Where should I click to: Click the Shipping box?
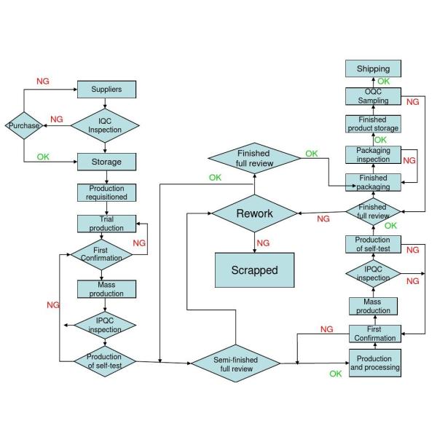(373, 69)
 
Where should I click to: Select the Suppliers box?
(106, 90)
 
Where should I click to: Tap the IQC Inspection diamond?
(106, 125)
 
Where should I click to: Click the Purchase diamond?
(24, 126)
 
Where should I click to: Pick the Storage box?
(106, 161)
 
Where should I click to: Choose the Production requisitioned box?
(106, 192)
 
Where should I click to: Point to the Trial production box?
(106, 224)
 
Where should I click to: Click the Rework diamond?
(254, 213)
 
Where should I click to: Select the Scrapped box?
(254, 269)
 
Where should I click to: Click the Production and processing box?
(374, 363)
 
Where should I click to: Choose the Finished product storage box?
(373, 124)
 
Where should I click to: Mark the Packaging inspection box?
(373, 154)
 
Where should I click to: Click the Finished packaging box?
(373, 182)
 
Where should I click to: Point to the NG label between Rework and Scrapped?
(263, 243)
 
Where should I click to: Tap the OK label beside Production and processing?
(335, 374)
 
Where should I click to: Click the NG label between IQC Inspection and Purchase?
(56, 119)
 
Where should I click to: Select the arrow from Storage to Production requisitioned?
(106, 177)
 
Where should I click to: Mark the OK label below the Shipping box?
(383, 81)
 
